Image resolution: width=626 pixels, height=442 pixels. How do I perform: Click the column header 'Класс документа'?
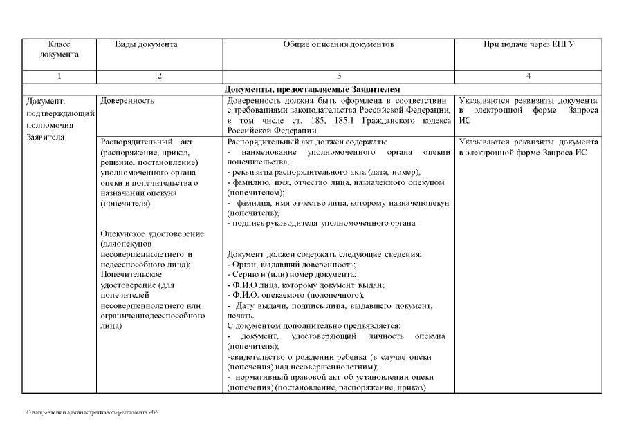tap(59, 48)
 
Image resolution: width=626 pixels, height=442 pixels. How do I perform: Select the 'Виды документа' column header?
tap(146, 44)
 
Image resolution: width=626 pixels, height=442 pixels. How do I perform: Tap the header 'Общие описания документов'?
tap(338, 44)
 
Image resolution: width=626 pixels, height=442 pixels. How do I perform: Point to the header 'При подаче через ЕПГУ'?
tap(529, 44)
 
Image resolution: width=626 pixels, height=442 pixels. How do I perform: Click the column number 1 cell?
tap(59, 76)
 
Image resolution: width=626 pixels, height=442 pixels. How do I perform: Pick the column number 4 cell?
tap(529, 76)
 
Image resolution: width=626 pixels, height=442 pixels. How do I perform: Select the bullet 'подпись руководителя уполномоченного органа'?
tap(322, 223)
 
